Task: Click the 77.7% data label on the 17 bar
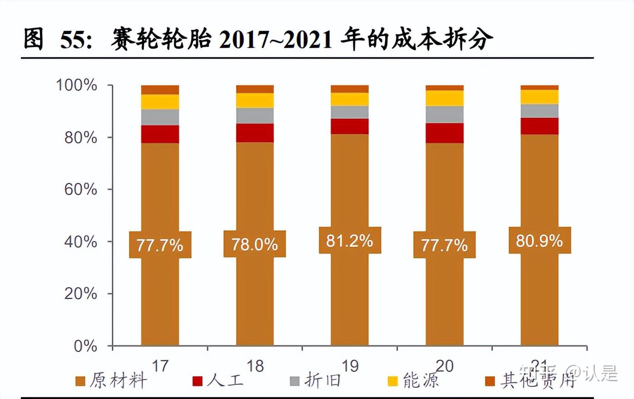tap(160, 245)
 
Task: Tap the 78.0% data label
tap(254, 244)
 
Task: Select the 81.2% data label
tap(349, 241)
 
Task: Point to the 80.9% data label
tap(539, 241)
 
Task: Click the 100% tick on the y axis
tap(76, 85)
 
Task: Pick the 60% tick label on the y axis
tap(80, 189)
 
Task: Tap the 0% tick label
tap(85, 346)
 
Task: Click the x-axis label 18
tap(255, 366)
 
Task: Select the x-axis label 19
tap(350, 366)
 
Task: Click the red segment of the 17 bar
tap(160, 134)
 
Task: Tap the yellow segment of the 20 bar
tap(444, 98)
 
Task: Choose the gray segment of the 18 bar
tap(255, 116)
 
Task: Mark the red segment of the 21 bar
tap(539, 126)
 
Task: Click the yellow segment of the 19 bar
tap(349, 99)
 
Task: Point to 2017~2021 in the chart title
tap(276, 40)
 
